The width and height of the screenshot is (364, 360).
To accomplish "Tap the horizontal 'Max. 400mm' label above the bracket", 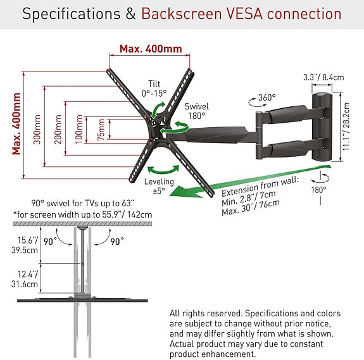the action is coord(151,49).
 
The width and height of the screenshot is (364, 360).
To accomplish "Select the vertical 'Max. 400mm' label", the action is coord(16,124).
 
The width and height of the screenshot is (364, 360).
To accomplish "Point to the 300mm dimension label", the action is coord(37,129).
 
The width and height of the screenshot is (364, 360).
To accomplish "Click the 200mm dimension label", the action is coord(58,129).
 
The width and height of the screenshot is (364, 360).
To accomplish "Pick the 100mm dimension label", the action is coord(79,129).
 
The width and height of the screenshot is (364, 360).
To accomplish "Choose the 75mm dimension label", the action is coord(101,130).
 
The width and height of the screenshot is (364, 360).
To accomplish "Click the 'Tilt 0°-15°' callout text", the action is coord(154,89).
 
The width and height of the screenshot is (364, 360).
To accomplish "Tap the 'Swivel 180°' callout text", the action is coord(197,111).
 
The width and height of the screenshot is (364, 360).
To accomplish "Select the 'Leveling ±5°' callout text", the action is coord(159,186).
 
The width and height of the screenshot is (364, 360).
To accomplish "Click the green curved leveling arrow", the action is coord(163,171).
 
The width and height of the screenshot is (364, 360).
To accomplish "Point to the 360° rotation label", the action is coord(267,97).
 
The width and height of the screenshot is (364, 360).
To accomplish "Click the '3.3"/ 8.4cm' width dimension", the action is coord(323,77).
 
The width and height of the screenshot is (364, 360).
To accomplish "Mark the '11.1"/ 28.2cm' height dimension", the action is coord(346,127).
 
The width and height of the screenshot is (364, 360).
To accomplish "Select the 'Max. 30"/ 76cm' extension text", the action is coord(251,208).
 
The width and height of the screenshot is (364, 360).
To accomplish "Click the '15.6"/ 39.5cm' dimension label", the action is coord(25,245).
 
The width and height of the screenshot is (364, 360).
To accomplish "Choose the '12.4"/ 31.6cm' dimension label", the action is coord(25,279).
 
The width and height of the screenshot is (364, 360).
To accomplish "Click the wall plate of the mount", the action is coord(322,127).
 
